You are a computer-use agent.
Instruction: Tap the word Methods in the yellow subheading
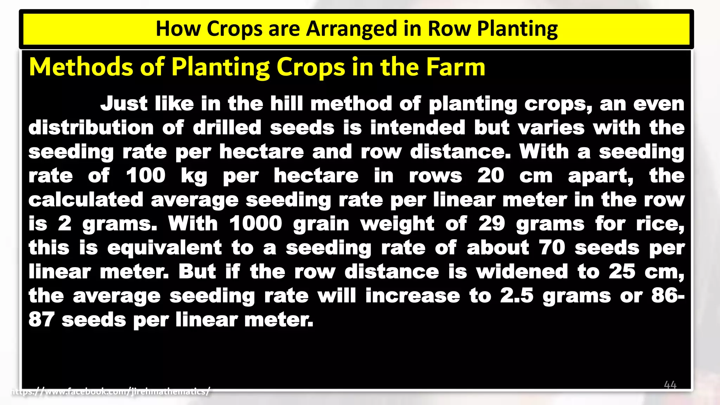[81, 67]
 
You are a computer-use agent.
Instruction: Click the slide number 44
[670, 385]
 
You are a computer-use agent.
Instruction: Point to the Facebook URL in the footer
[111, 391]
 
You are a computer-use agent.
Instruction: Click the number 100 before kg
[146, 175]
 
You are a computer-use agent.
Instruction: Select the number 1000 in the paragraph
[256, 224]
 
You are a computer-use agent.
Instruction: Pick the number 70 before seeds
[552, 247]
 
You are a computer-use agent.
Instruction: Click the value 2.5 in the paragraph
[517, 296]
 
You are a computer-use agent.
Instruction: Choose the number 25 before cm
[622, 271]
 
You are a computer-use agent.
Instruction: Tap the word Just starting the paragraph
[124, 104]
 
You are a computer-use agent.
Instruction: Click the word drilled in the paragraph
[227, 128]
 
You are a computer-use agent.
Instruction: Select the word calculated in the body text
[86, 200]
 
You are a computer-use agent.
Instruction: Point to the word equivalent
[165, 247]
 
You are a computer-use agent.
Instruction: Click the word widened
[522, 271]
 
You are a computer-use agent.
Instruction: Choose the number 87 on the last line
[41, 320]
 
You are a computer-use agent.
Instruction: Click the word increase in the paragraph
[412, 296]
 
